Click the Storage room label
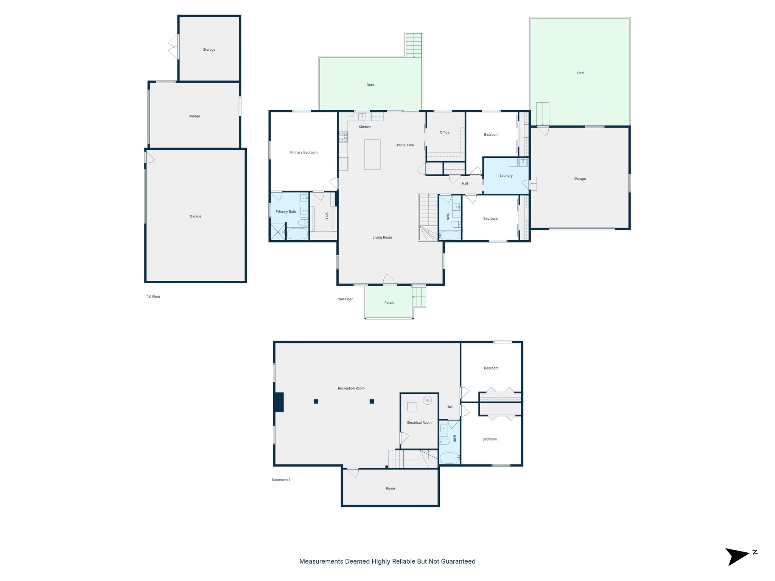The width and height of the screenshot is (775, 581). [x=209, y=50]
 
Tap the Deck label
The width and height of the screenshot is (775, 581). [x=370, y=85]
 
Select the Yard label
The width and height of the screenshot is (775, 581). [x=580, y=73]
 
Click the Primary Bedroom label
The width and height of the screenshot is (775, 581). [x=303, y=152]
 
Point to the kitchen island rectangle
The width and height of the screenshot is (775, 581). [x=372, y=154]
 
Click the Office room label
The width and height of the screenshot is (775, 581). [x=444, y=132]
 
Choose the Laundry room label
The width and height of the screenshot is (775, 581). [x=506, y=176]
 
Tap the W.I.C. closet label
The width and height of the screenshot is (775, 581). [x=327, y=217]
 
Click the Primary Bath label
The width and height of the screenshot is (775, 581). [x=285, y=212]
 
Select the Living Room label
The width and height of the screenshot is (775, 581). [x=382, y=238]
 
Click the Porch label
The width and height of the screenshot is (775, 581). [x=389, y=303]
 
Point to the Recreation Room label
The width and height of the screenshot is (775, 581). [x=351, y=388]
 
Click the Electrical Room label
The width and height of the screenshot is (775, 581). [x=419, y=423]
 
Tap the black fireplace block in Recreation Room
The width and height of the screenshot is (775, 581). [x=279, y=402]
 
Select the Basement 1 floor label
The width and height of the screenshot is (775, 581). [x=281, y=480]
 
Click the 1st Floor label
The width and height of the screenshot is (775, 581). [x=153, y=297]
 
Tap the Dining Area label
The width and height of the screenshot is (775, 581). [x=405, y=145]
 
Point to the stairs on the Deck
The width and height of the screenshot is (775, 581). [x=414, y=45]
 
